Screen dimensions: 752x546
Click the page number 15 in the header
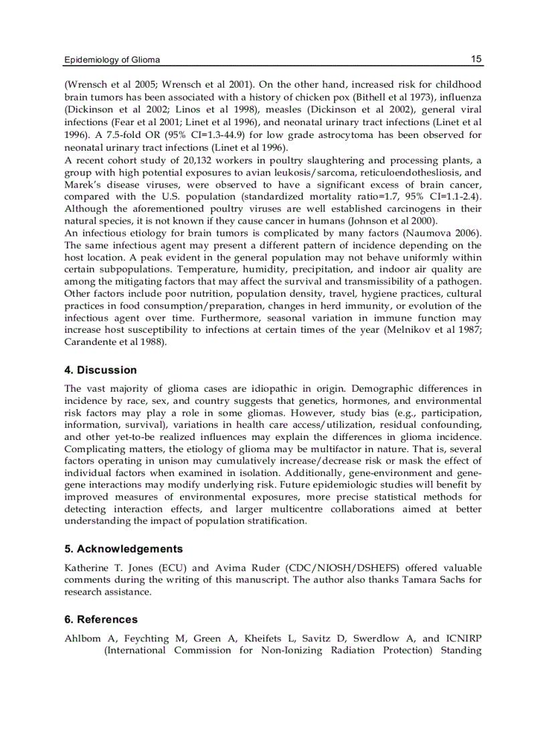coord(476,59)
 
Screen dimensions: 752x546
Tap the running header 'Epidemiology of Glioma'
coord(112,60)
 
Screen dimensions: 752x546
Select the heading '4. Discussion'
coord(100,370)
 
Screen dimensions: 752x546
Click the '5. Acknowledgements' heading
coord(123,548)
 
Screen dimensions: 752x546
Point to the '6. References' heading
coord(101,619)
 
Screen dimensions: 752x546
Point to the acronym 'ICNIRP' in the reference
coord(463,638)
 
